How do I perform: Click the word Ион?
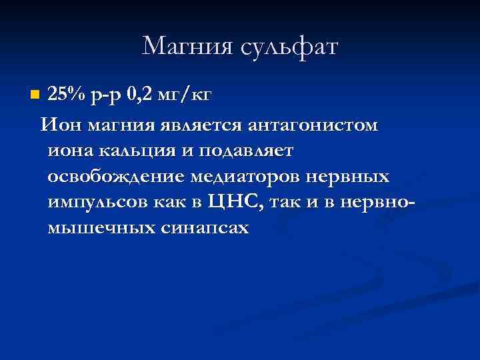[x=57, y=125]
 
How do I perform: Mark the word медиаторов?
[x=249, y=177]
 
